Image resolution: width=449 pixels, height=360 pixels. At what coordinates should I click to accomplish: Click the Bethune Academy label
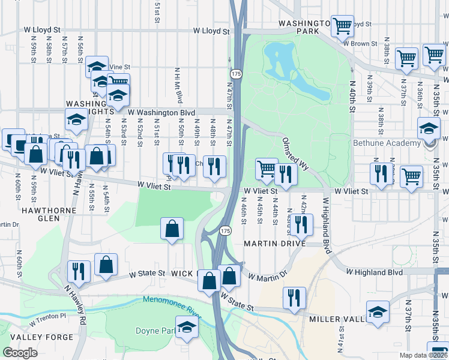click(386, 143)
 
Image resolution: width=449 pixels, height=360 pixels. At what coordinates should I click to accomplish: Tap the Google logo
click(20, 353)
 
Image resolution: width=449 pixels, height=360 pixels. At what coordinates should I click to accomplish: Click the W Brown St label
click(360, 43)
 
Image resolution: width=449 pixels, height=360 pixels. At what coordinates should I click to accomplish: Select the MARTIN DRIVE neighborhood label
click(275, 243)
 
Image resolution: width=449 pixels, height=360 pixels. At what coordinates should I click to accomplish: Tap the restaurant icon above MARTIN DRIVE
click(301, 224)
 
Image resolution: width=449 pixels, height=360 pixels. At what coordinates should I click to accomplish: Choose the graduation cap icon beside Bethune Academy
click(429, 128)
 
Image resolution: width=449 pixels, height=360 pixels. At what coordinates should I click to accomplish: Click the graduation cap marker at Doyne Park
click(187, 327)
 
